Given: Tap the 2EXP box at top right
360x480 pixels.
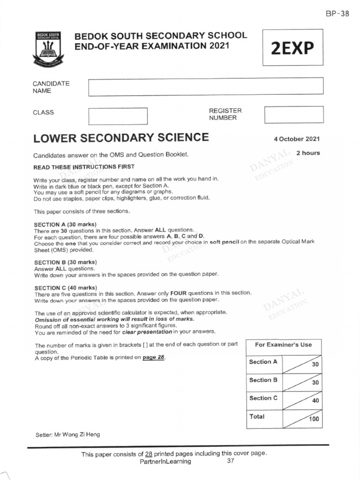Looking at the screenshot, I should (292, 48).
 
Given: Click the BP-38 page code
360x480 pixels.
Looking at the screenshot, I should (337, 14).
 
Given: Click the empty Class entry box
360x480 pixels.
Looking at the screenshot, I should (118, 116).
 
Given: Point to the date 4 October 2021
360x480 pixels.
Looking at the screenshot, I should (297, 139).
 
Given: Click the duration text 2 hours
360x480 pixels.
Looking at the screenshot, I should (308, 153).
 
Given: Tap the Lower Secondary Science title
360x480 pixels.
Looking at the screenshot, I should (121, 137).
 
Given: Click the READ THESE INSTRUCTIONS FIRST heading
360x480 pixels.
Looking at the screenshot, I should (84, 167).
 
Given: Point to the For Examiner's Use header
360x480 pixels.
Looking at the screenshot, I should (283, 345).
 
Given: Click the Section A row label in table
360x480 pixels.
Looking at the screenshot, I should (263, 362).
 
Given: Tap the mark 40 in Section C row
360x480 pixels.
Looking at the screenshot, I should (315, 401).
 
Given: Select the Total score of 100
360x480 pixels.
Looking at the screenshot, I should (313, 419).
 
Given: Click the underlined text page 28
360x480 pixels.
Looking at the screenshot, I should (153, 357).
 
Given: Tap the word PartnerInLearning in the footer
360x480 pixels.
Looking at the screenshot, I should (165, 461).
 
